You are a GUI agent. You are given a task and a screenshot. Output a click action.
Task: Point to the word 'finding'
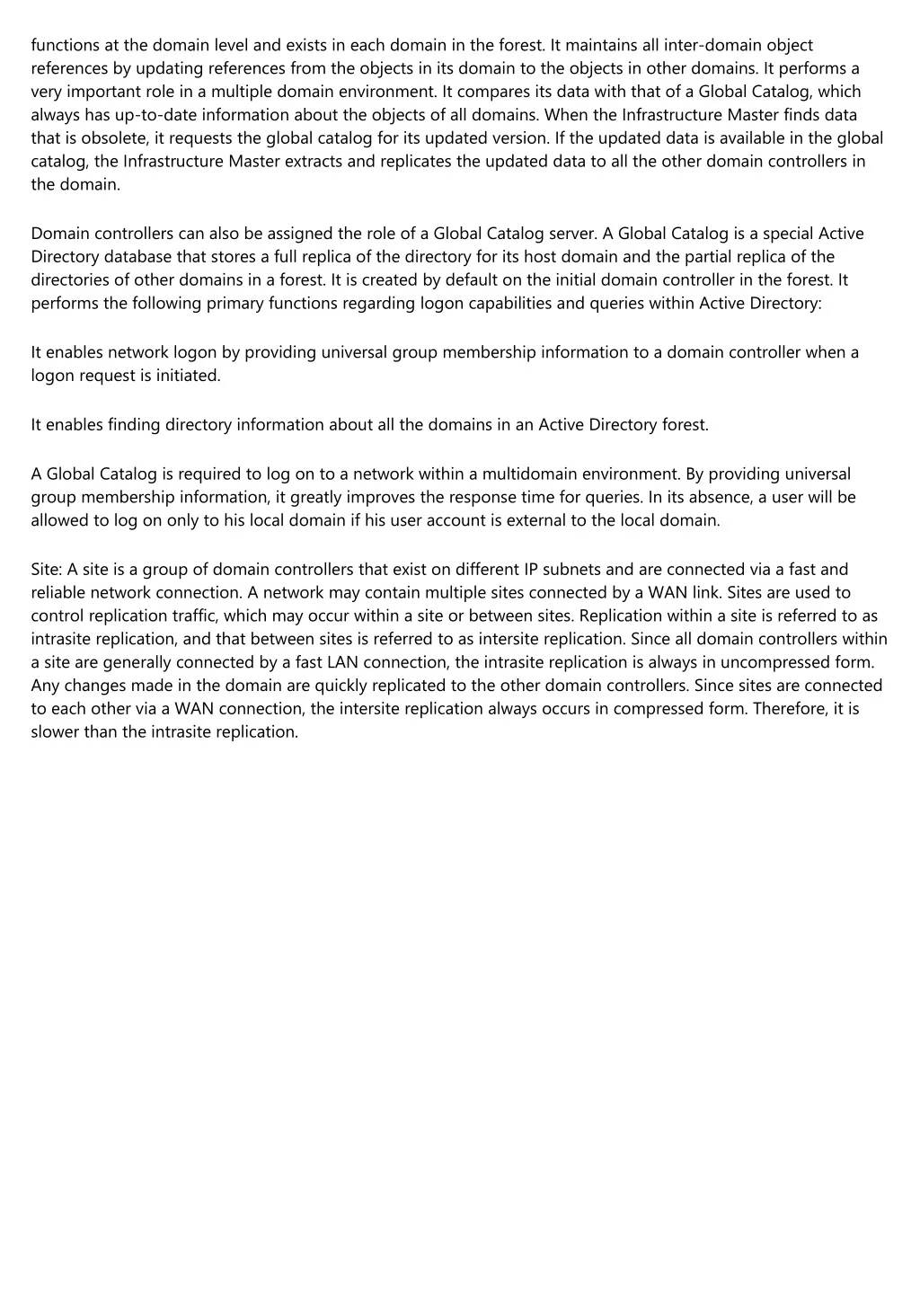(134, 425)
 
